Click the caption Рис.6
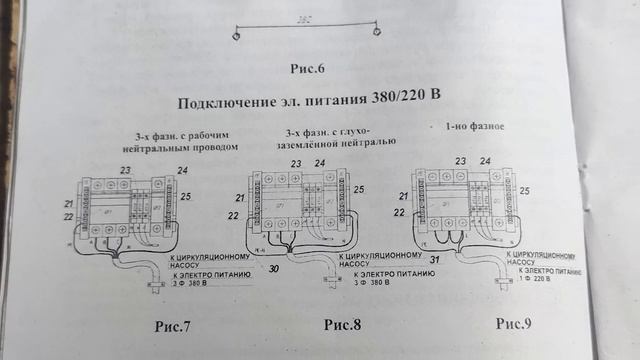pyautogui.click(x=310, y=69)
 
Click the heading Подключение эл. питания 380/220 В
pyautogui.click(x=311, y=101)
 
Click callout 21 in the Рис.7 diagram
pyautogui.click(x=68, y=202)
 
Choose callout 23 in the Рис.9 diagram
pyautogui.click(x=461, y=160)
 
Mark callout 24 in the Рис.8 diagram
pyautogui.click(x=320, y=162)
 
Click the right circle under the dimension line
pyautogui.click(x=376, y=36)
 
